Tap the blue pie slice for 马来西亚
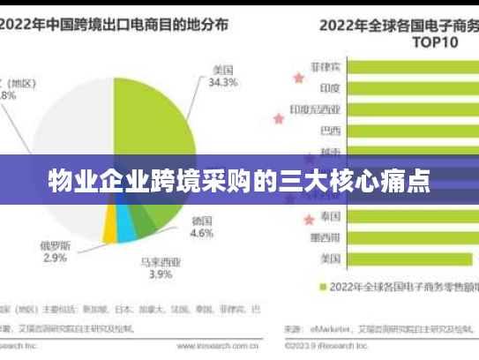tap(126, 229)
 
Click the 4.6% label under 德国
tap(202, 233)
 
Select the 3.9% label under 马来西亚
tap(160, 274)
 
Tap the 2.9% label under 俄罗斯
tap(55, 258)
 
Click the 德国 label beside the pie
tap(202, 221)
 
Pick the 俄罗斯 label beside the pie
tap(55, 244)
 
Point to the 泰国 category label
tap(331, 216)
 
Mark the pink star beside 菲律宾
tap(297, 78)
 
